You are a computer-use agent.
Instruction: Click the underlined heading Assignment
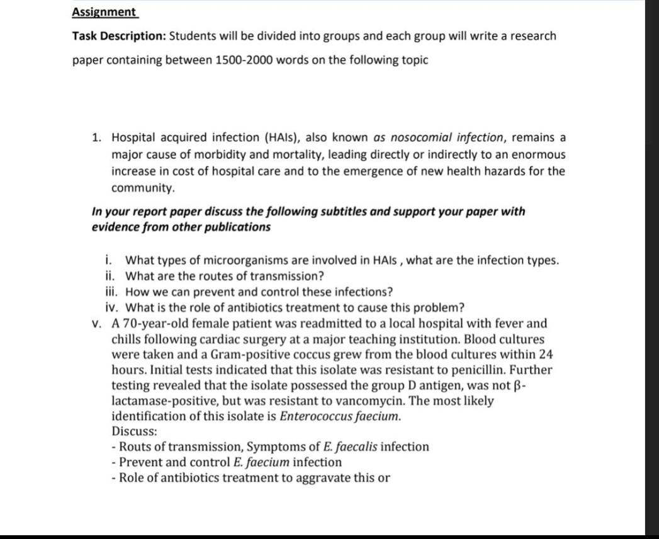coord(104,12)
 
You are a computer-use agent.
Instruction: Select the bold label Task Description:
coord(118,36)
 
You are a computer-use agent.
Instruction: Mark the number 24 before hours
coord(545,355)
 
